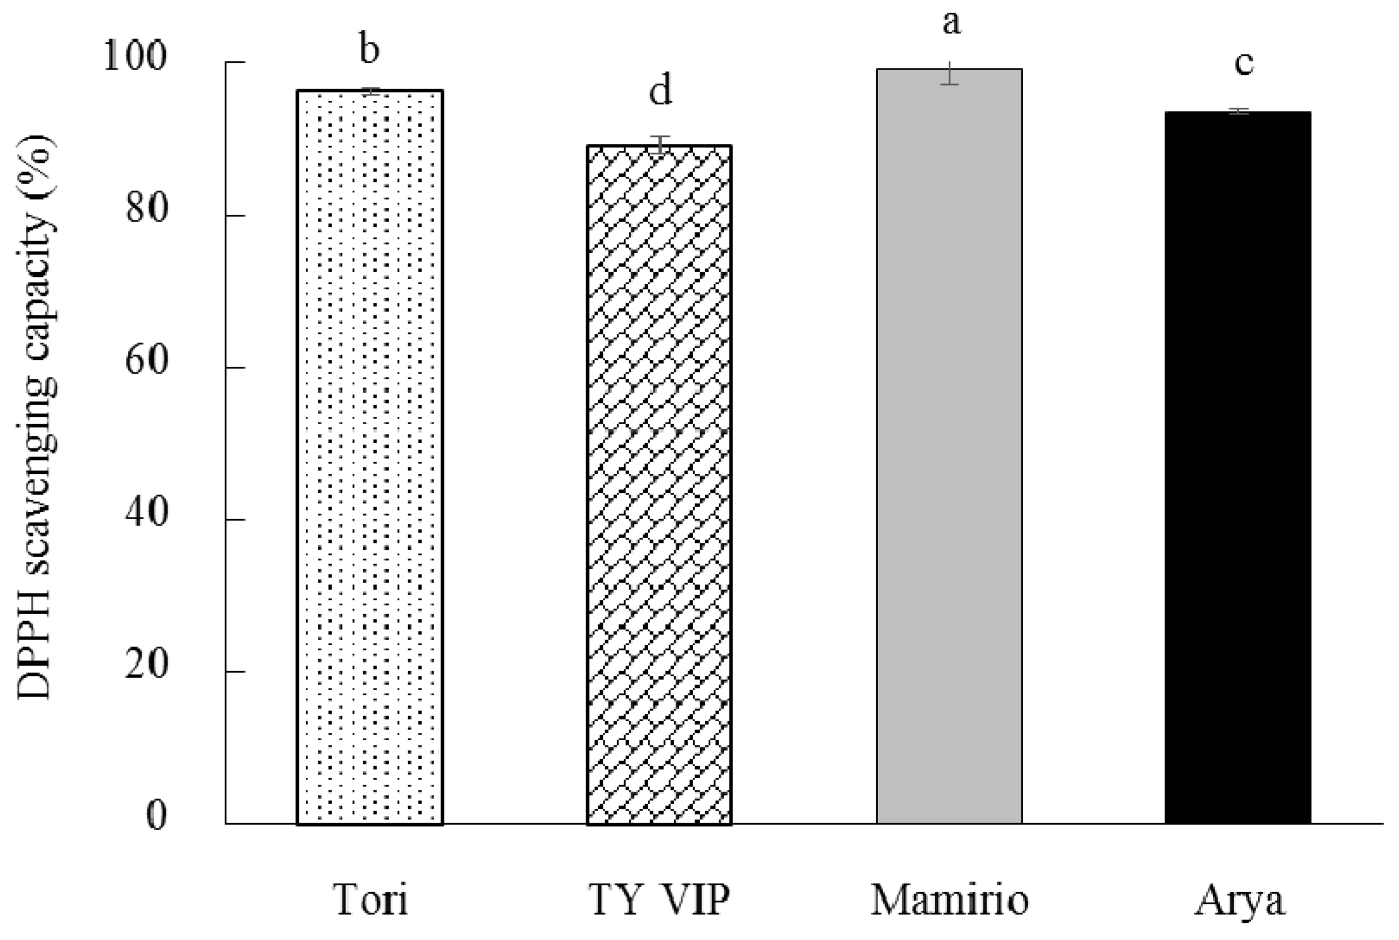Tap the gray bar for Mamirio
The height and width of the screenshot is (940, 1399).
point(949,446)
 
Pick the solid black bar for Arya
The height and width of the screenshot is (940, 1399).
point(1238,467)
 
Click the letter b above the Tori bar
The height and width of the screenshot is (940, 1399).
point(369,48)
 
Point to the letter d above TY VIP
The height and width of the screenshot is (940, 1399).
point(660,91)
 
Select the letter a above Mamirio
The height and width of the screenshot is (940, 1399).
point(951,24)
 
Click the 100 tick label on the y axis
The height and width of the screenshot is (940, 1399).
point(134,57)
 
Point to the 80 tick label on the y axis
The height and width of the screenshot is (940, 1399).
point(146,210)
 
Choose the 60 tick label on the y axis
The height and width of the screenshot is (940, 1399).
point(146,362)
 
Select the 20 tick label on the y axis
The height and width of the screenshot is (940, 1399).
point(146,666)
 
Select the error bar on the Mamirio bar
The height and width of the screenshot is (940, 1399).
point(949,73)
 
